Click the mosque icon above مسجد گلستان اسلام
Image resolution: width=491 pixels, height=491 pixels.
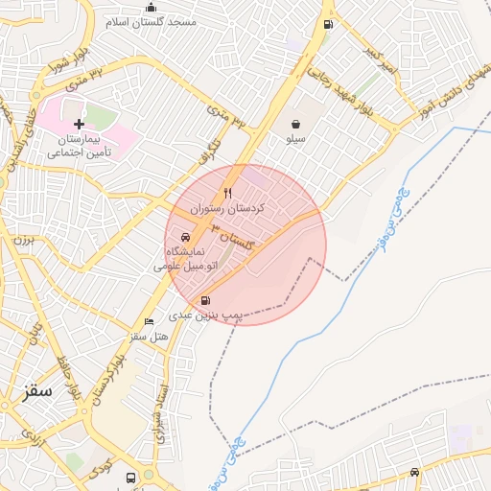(151, 8)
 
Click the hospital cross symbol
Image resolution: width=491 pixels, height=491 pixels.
(80, 124)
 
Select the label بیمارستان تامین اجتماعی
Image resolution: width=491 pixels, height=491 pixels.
(82, 146)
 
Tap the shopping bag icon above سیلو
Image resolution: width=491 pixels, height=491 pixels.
(297, 123)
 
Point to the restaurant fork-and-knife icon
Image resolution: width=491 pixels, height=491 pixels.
(227, 193)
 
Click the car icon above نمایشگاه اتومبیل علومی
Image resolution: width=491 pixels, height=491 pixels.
(185, 237)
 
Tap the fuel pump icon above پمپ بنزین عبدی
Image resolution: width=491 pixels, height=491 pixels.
(206, 301)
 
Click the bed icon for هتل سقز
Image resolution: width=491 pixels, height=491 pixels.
(149, 322)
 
